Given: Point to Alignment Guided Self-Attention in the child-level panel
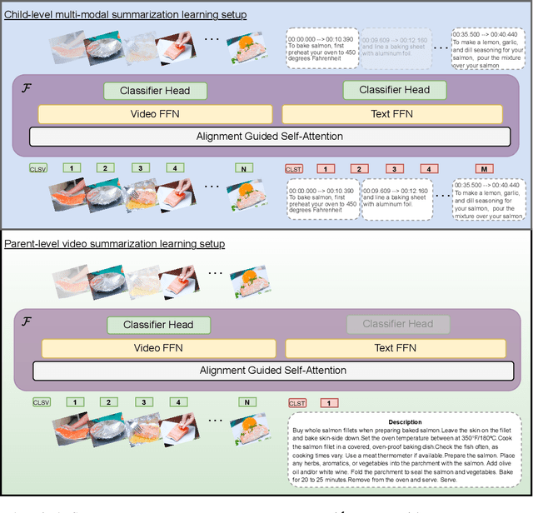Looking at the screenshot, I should point(271,137).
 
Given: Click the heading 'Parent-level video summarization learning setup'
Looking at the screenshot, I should point(114,244).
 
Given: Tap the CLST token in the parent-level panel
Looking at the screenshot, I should point(296,403).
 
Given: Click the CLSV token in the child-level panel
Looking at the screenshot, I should point(38,169).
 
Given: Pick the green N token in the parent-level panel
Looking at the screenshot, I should point(246,403).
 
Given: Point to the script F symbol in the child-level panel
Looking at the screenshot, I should point(25,87).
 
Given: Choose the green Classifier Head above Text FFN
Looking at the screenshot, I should point(394,90).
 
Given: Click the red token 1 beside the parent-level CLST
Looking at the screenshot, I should point(327,403).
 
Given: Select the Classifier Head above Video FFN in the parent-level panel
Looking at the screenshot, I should point(157,325).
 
